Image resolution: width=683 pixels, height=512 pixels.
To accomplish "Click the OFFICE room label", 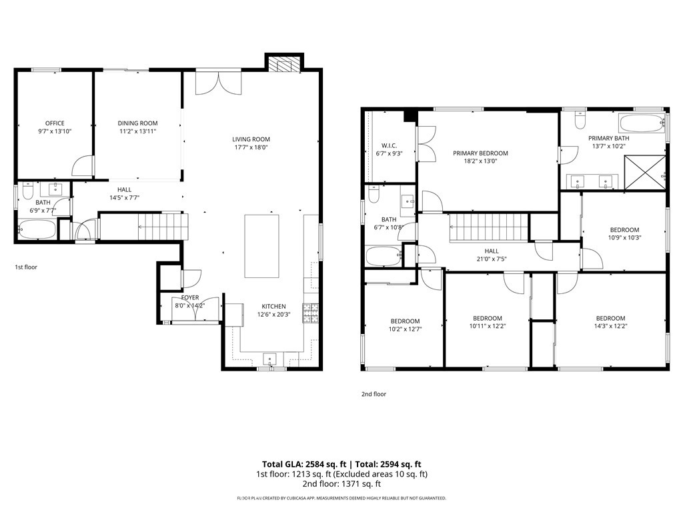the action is tap(55, 123).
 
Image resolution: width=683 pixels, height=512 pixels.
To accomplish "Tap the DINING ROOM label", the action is tap(137, 123).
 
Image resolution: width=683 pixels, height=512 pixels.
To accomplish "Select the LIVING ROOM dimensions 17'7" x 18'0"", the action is tap(251, 147).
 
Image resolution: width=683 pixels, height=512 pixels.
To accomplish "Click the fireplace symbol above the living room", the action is tap(284, 65).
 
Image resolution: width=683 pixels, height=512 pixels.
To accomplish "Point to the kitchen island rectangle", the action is tap(261, 245).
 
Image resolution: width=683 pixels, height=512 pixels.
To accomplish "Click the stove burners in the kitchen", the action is tap(311, 313).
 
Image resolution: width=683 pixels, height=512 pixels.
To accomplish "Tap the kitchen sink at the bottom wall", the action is tap(271, 359).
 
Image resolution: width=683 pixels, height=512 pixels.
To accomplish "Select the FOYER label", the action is tap(190, 298).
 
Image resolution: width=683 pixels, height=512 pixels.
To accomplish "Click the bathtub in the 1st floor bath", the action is tap(37, 229).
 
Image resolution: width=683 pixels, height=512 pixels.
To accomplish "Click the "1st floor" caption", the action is tap(26, 267).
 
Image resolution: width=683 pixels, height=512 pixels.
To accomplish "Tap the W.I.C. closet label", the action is tap(389, 146).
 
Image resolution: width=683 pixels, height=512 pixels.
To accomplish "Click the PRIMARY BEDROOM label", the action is tap(480, 153).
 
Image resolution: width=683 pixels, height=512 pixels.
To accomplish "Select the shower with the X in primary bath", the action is tap(645, 173).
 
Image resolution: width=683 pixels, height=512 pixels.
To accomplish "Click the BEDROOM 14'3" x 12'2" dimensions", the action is tap(611, 326).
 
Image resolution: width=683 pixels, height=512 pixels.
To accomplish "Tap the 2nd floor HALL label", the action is tap(492, 251).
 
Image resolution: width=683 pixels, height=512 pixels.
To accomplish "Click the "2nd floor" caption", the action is tap(374, 394).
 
